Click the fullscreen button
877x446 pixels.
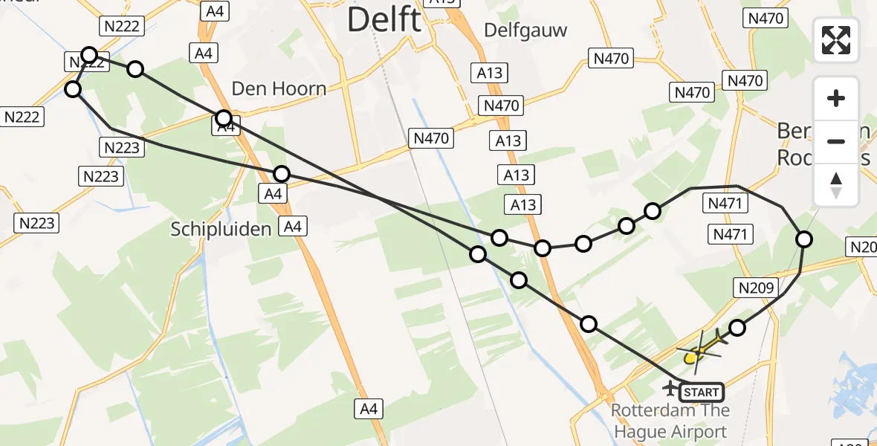836,40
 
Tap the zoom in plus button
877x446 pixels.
836,98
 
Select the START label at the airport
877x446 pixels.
700,392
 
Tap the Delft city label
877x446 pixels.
384,20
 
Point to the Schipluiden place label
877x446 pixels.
221,229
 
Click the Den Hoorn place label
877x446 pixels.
279,89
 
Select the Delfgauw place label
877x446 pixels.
525,30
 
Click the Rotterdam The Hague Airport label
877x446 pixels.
670,421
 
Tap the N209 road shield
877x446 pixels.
757,288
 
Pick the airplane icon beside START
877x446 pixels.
671,387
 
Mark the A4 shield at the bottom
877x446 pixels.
369,408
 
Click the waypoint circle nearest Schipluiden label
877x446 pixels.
281,174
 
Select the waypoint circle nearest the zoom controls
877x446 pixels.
804,239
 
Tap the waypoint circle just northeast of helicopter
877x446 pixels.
737,328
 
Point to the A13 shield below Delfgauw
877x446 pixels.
489,73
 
